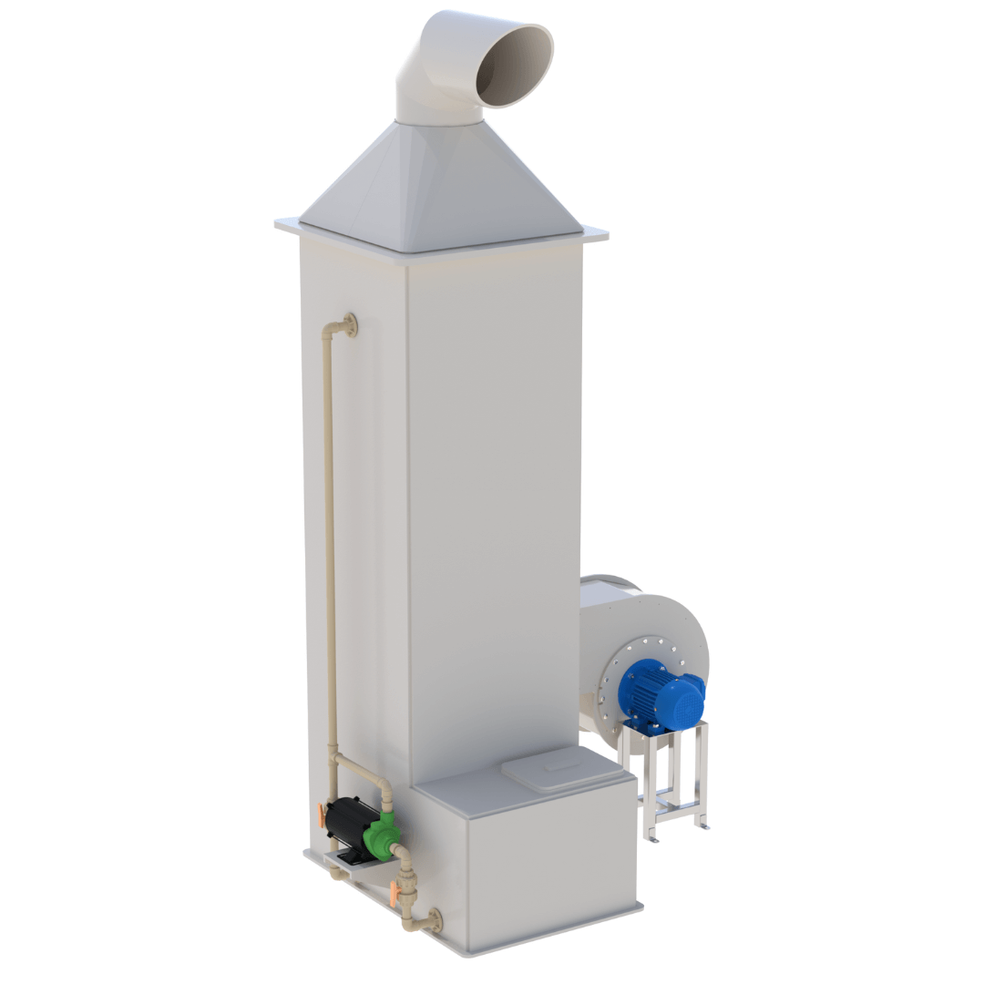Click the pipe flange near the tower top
349,324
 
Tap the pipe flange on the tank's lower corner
433,920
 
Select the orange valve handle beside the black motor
323,814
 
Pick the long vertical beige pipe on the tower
331,547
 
